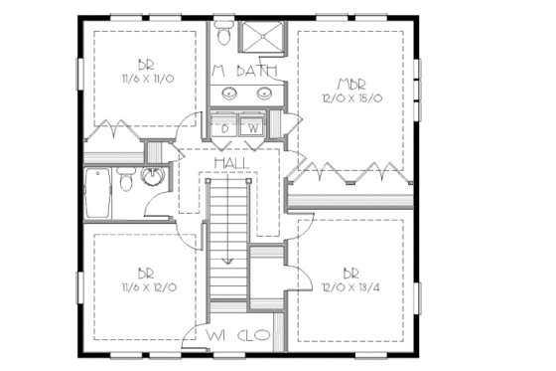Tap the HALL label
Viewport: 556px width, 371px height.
coord(231,162)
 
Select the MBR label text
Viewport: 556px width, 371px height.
coord(351,83)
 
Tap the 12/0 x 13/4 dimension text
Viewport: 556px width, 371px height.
coord(350,286)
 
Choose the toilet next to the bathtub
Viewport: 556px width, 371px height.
coord(126,180)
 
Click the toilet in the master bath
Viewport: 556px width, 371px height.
coord(224,35)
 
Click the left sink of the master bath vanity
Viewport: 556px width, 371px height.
coord(230,93)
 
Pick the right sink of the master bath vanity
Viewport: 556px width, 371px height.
coord(264,93)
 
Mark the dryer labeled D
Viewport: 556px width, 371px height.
coord(226,126)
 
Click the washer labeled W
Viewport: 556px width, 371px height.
coord(252,126)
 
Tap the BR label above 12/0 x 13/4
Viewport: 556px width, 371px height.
coord(350,273)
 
